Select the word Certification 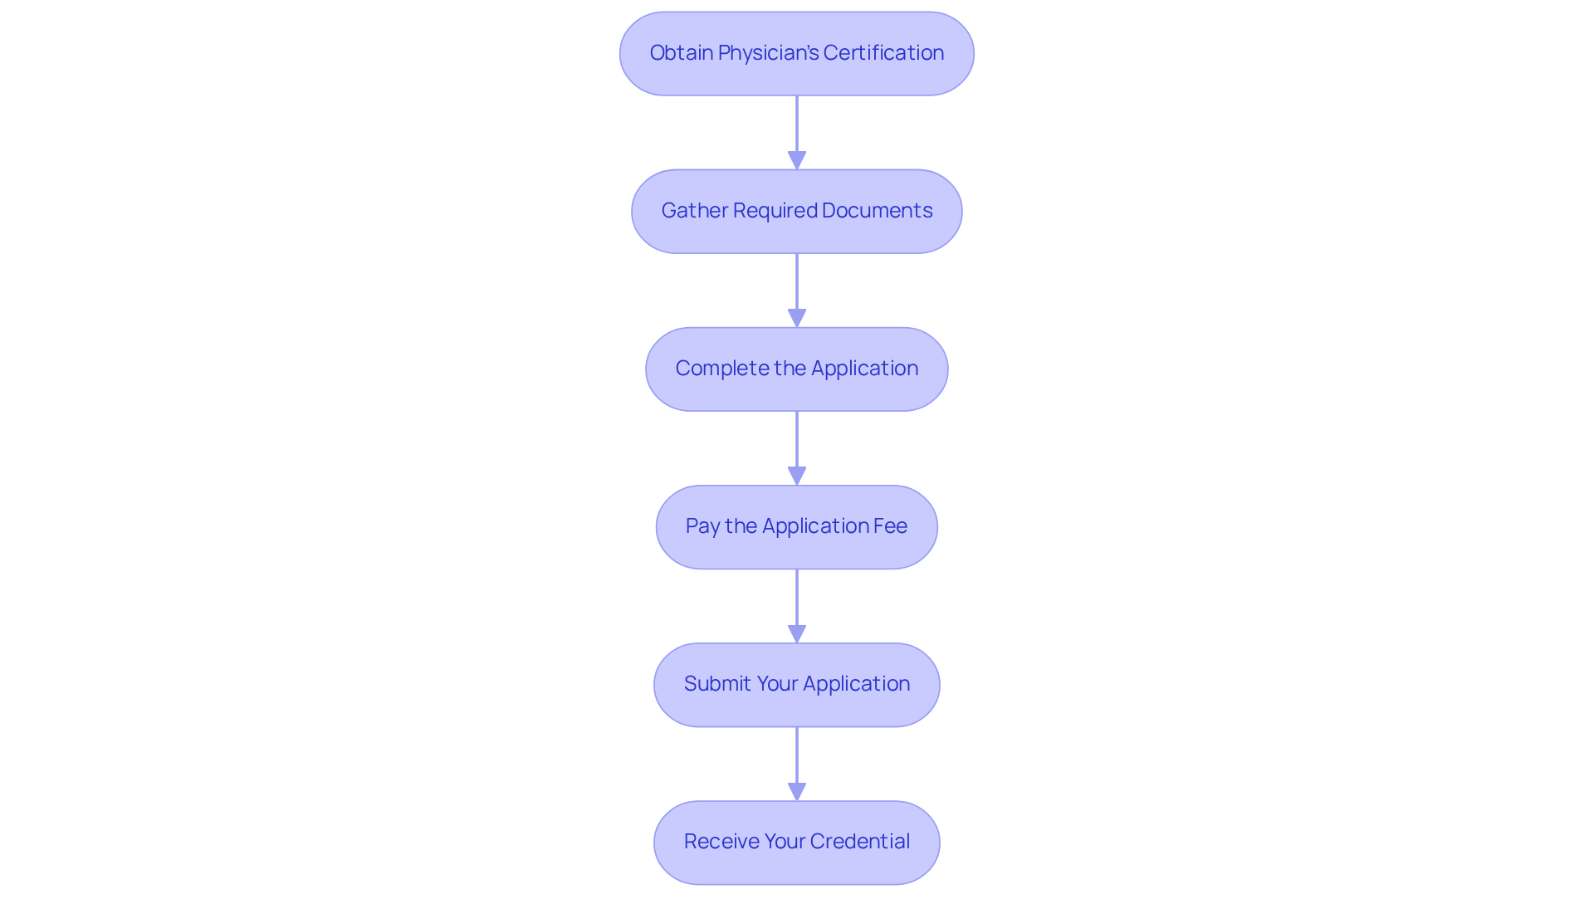click(883, 53)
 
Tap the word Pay click(702, 527)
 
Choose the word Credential click(859, 842)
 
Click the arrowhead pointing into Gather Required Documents click(797, 160)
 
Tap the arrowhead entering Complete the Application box click(797, 318)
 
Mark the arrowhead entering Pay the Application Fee click(797, 476)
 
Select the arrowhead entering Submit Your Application click(797, 633)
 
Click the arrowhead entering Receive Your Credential click(797, 791)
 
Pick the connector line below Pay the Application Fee click(797, 606)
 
